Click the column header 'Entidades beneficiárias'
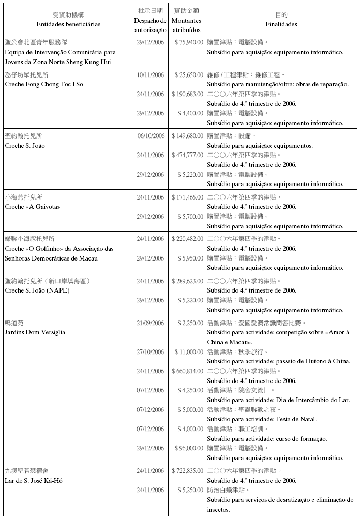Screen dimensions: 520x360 pos(68,24)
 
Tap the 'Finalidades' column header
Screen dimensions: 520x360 pos(281,24)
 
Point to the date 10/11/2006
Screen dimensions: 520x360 pos(151,75)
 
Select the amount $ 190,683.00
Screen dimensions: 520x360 pos(187,94)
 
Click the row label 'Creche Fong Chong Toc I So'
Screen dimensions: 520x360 pos(44,84)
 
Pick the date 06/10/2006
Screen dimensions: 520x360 pos(151,136)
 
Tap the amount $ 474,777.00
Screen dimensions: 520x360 pos(187,155)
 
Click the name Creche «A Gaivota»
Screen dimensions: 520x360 pos(33,207)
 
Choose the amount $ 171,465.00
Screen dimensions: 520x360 pos(187,197)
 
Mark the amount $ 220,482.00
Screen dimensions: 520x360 pos(187,239)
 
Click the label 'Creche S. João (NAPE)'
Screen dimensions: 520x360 pos(37,290)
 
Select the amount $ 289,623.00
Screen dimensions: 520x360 pos(187,281)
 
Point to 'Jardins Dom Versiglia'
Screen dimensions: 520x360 pos(35,332)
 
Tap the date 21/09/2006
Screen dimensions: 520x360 pos(151,323)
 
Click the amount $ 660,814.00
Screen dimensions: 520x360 pos(187,371)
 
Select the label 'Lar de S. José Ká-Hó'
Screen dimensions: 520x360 pos(34,481)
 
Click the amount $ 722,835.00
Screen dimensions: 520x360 pos(187,471)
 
